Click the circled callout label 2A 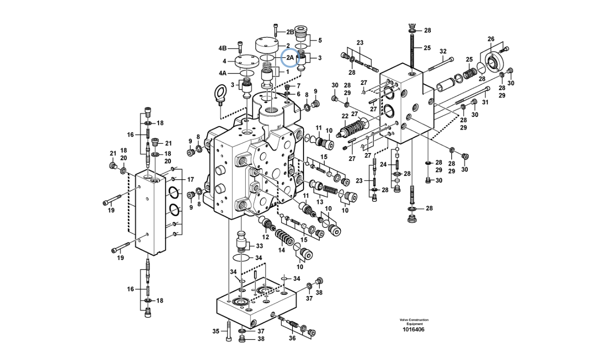tap(289, 58)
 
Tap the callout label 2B tap(290, 32)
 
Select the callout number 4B tap(223, 48)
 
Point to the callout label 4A tap(223, 73)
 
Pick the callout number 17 tap(190, 180)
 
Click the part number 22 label tap(345, 117)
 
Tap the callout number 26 tap(491, 39)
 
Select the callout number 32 tap(443, 51)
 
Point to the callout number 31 tap(484, 103)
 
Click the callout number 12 tap(266, 237)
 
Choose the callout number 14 tap(281, 250)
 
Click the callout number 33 tap(259, 246)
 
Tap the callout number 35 tap(216, 331)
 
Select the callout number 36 tap(292, 338)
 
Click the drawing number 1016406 tap(413, 330)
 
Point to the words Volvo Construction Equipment tap(413, 322)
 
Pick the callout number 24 tap(383, 164)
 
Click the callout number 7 tap(298, 86)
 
